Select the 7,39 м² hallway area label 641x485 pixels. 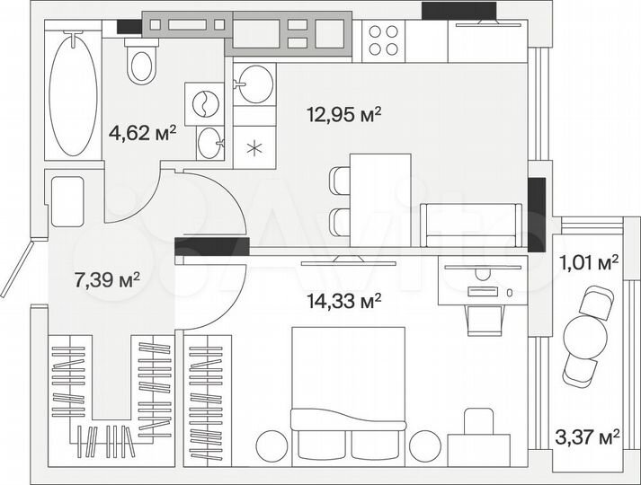[107, 279]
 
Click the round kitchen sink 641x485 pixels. [253, 85]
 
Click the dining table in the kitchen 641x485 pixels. [379, 198]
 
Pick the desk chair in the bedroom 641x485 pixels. [484, 319]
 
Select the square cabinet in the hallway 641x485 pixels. [67, 200]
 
